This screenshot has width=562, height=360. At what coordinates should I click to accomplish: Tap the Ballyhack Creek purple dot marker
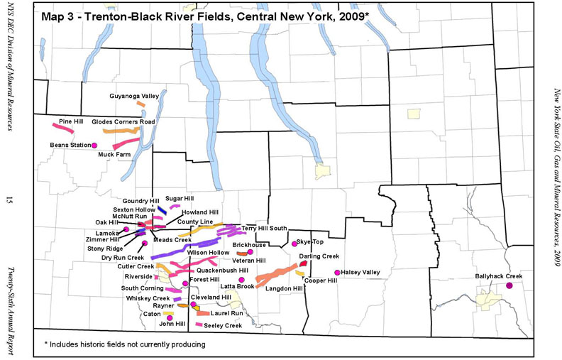click(509, 285)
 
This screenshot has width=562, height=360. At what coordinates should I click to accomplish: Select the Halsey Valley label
click(361, 272)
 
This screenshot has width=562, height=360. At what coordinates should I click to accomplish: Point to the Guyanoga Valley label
click(134, 95)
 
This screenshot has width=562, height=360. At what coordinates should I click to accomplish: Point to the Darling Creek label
click(319, 256)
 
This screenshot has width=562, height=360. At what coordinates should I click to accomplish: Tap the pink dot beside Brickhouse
click(250, 251)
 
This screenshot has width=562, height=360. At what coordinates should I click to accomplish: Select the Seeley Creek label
click(223, 325)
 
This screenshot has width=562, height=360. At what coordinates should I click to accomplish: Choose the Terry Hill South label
click(265, 228)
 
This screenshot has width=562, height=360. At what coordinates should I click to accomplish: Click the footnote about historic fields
click(125, 344)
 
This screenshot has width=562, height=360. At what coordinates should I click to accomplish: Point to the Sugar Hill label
click(180, 199)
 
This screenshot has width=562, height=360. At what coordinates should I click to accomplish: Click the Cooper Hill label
click(320, 280)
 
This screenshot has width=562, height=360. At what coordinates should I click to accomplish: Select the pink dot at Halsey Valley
click(336, 272)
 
